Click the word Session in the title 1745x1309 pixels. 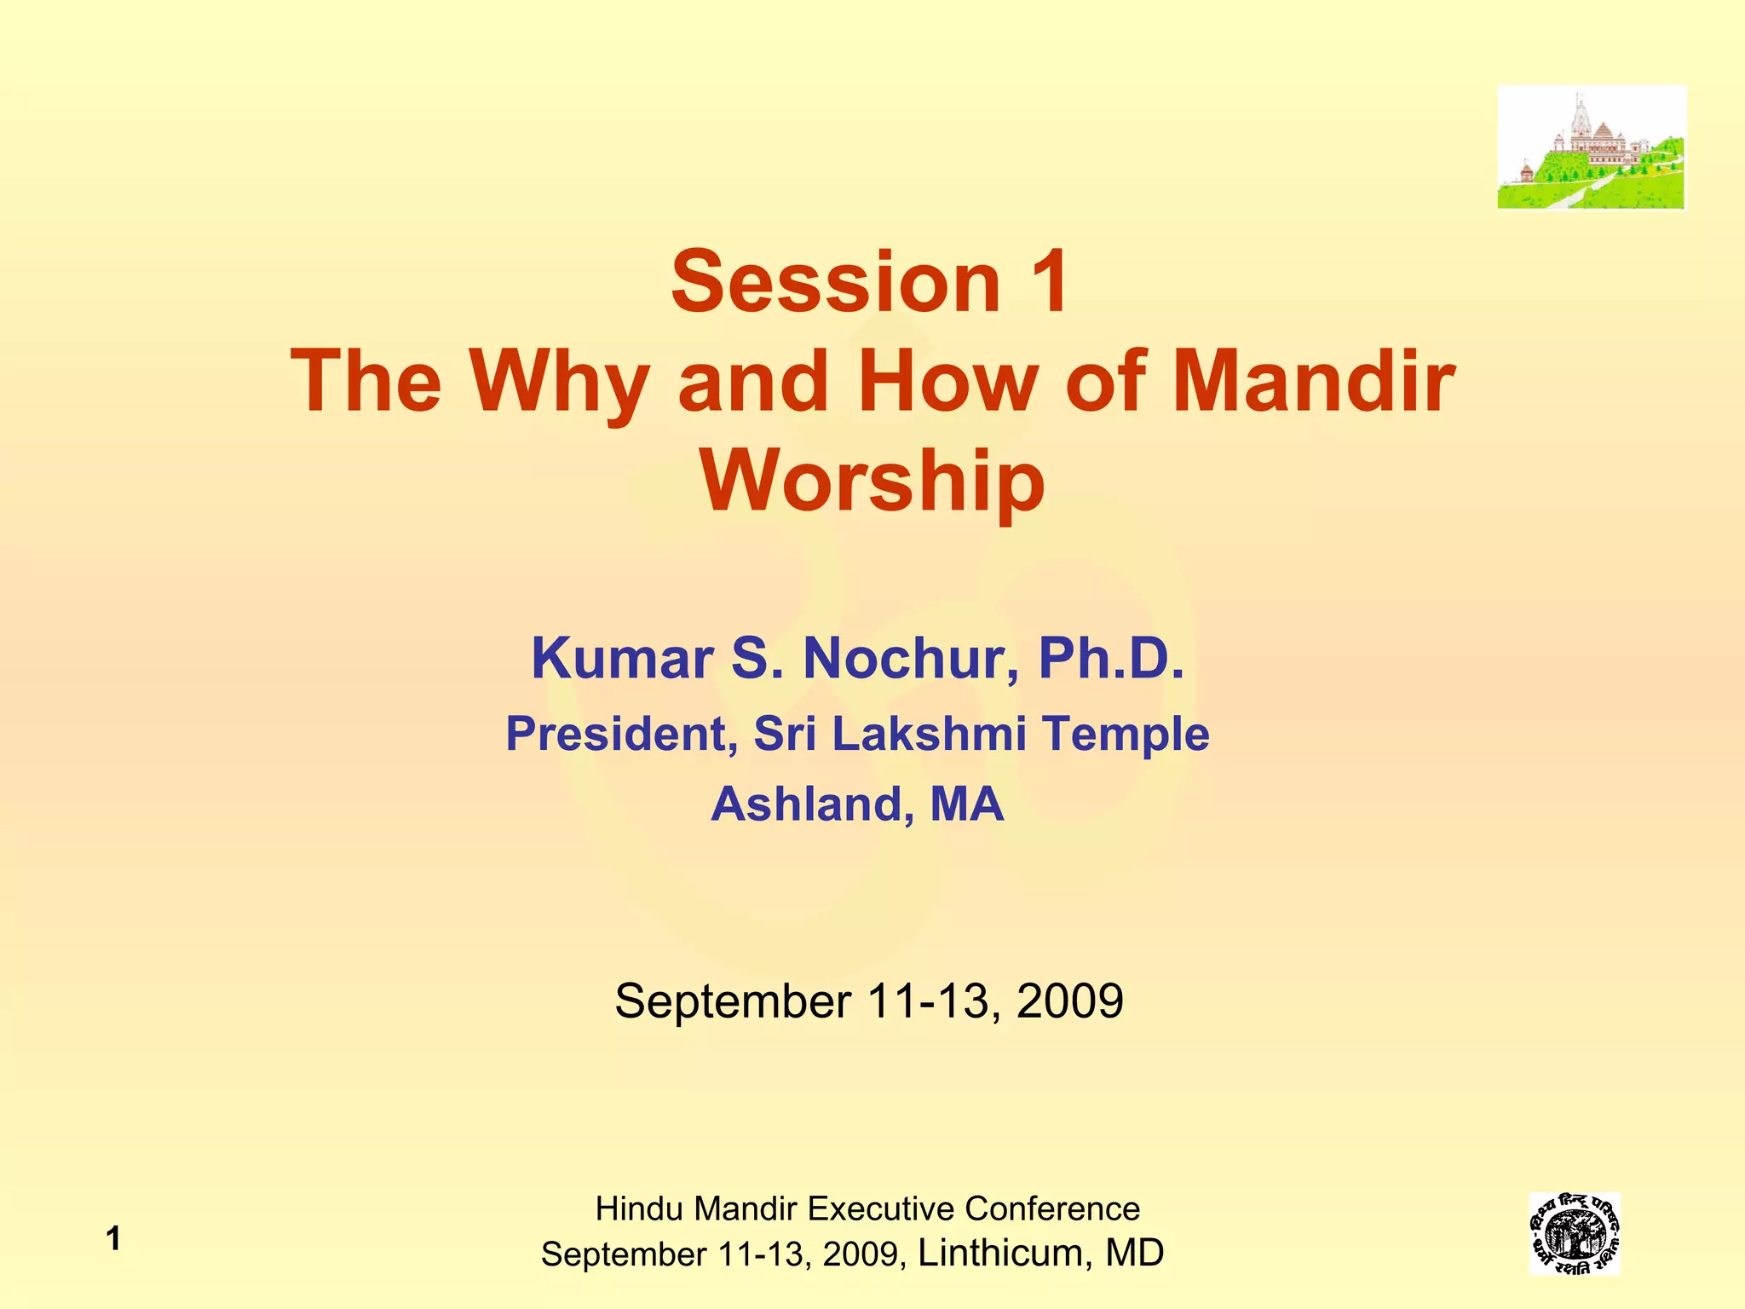(x=835, y=281)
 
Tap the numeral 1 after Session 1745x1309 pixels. (x=1047, y=281)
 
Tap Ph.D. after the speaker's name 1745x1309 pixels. (x=1110, y=659)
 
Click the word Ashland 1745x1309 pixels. (x=807, y=804)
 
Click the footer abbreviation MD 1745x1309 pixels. (x=1134, y=1253)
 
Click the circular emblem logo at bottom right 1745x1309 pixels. (x=1574, y=1234)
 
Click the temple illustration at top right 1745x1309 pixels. (x=1591, y=147)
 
